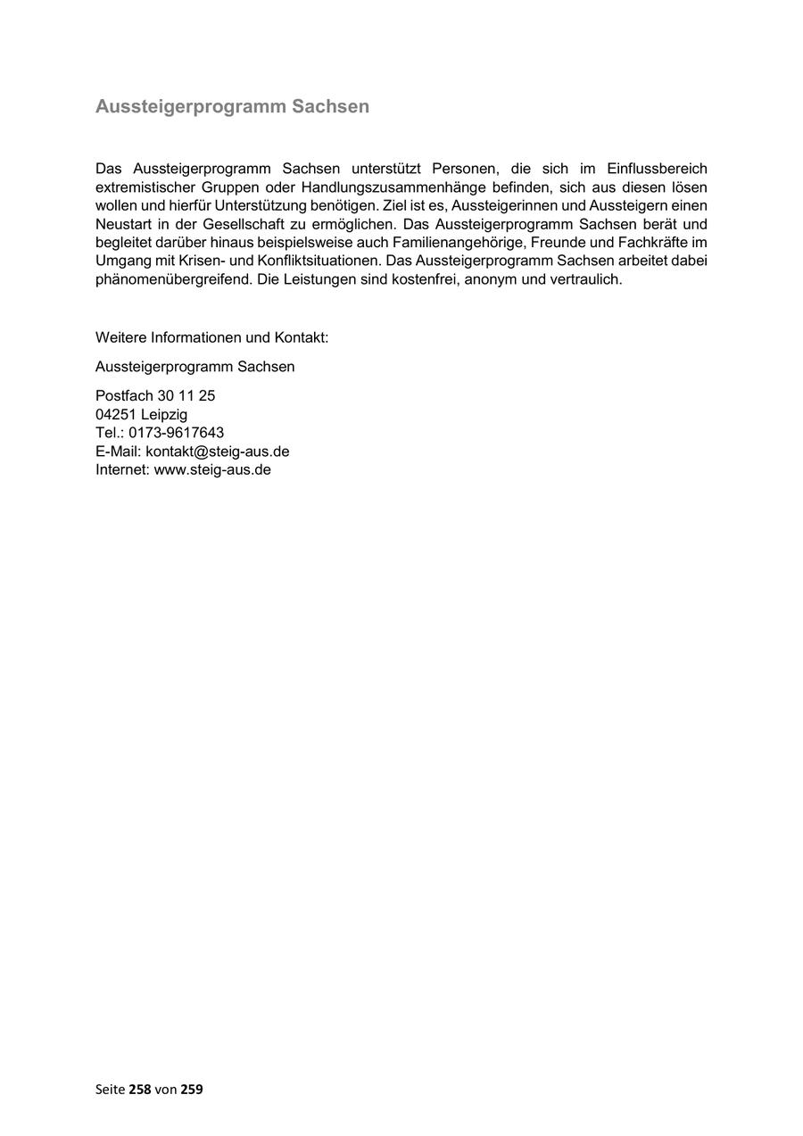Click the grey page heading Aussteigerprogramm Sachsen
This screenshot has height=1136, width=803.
coord(232,107)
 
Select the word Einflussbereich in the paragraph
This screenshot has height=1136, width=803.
coord(657,169)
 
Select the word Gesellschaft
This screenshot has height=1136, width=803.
coord(244,224)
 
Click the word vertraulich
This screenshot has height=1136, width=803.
coord(584,279)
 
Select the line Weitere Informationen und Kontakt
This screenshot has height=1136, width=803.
coord(212,338)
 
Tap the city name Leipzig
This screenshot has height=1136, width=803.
coord(164,414)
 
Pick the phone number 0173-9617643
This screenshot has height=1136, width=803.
coord(176,433)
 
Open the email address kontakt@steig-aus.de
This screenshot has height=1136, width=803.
coord(217,452)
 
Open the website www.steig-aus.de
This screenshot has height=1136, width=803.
coord(212,469)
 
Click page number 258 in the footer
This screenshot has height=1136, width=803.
coord(140,1090)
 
